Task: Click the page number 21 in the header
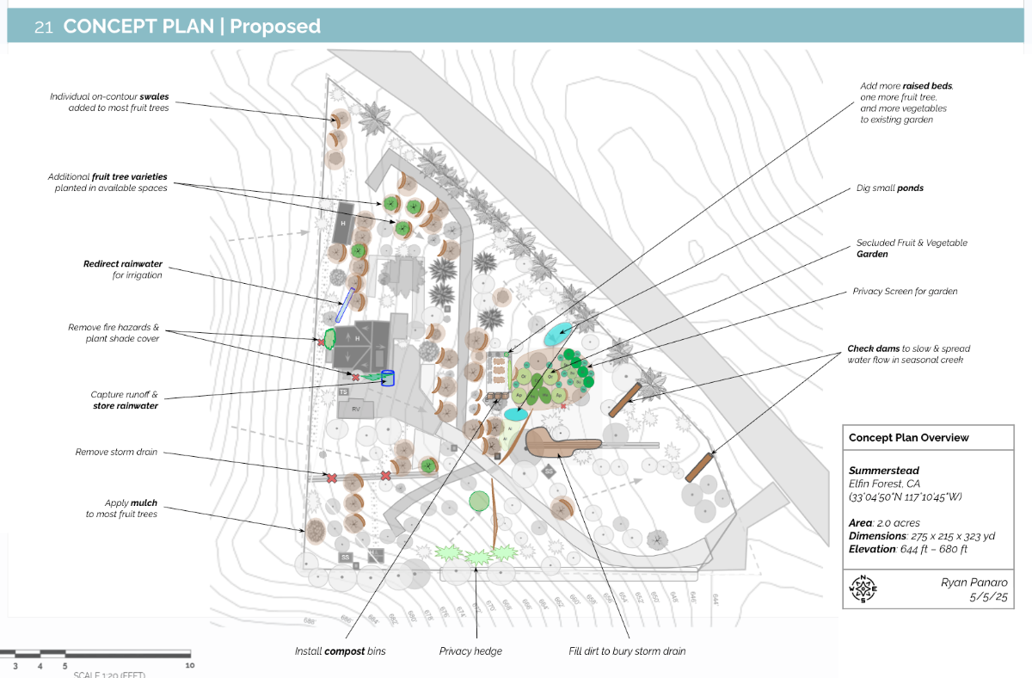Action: (x=44, y=27)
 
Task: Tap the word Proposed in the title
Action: (x=274, y=27)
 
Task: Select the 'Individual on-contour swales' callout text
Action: (x=109, y=102)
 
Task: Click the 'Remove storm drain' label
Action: (x=116, y=452)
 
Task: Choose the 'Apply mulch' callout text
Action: (x=121, y=508)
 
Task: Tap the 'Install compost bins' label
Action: (x=340, y=651)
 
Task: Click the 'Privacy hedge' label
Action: (x=470, y=651)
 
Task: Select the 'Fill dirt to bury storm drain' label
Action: (x=627, y=651)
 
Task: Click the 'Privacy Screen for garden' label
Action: (x=905, y=292)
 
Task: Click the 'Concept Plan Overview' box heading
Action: (x=908, y=438)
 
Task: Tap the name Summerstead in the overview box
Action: (x=883, y=471)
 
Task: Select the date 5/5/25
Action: (x=990, y=596)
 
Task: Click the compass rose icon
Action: (x=861, y=589)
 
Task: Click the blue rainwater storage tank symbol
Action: (x=387, y=378)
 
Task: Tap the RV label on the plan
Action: (x=355, y=409)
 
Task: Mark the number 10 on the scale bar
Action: (x=188, y=665)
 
